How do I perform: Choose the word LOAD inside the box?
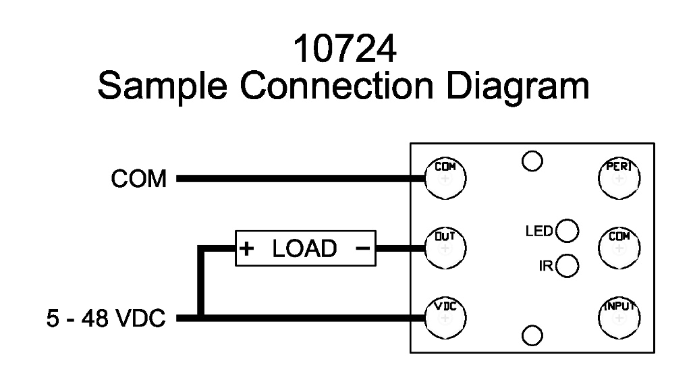pyautogui.click(x=304, y=249)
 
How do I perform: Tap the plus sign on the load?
pyautogui.click(x=248, y=249)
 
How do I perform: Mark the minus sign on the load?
pyautogui.click(x=362, y=249)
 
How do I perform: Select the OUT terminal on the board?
pyautogui.click(x=445, y=247)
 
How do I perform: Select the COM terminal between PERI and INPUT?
pyautogui.click(x=619, y=247)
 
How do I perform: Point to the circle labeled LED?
pyautogui.click(x=568, y=231)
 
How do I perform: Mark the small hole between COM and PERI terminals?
pyautogui.click(x=532, y=161)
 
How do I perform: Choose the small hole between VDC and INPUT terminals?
pyautogui.click(x=532, y=335)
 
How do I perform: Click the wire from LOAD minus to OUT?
pyautogui.click(x=399, y=248)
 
